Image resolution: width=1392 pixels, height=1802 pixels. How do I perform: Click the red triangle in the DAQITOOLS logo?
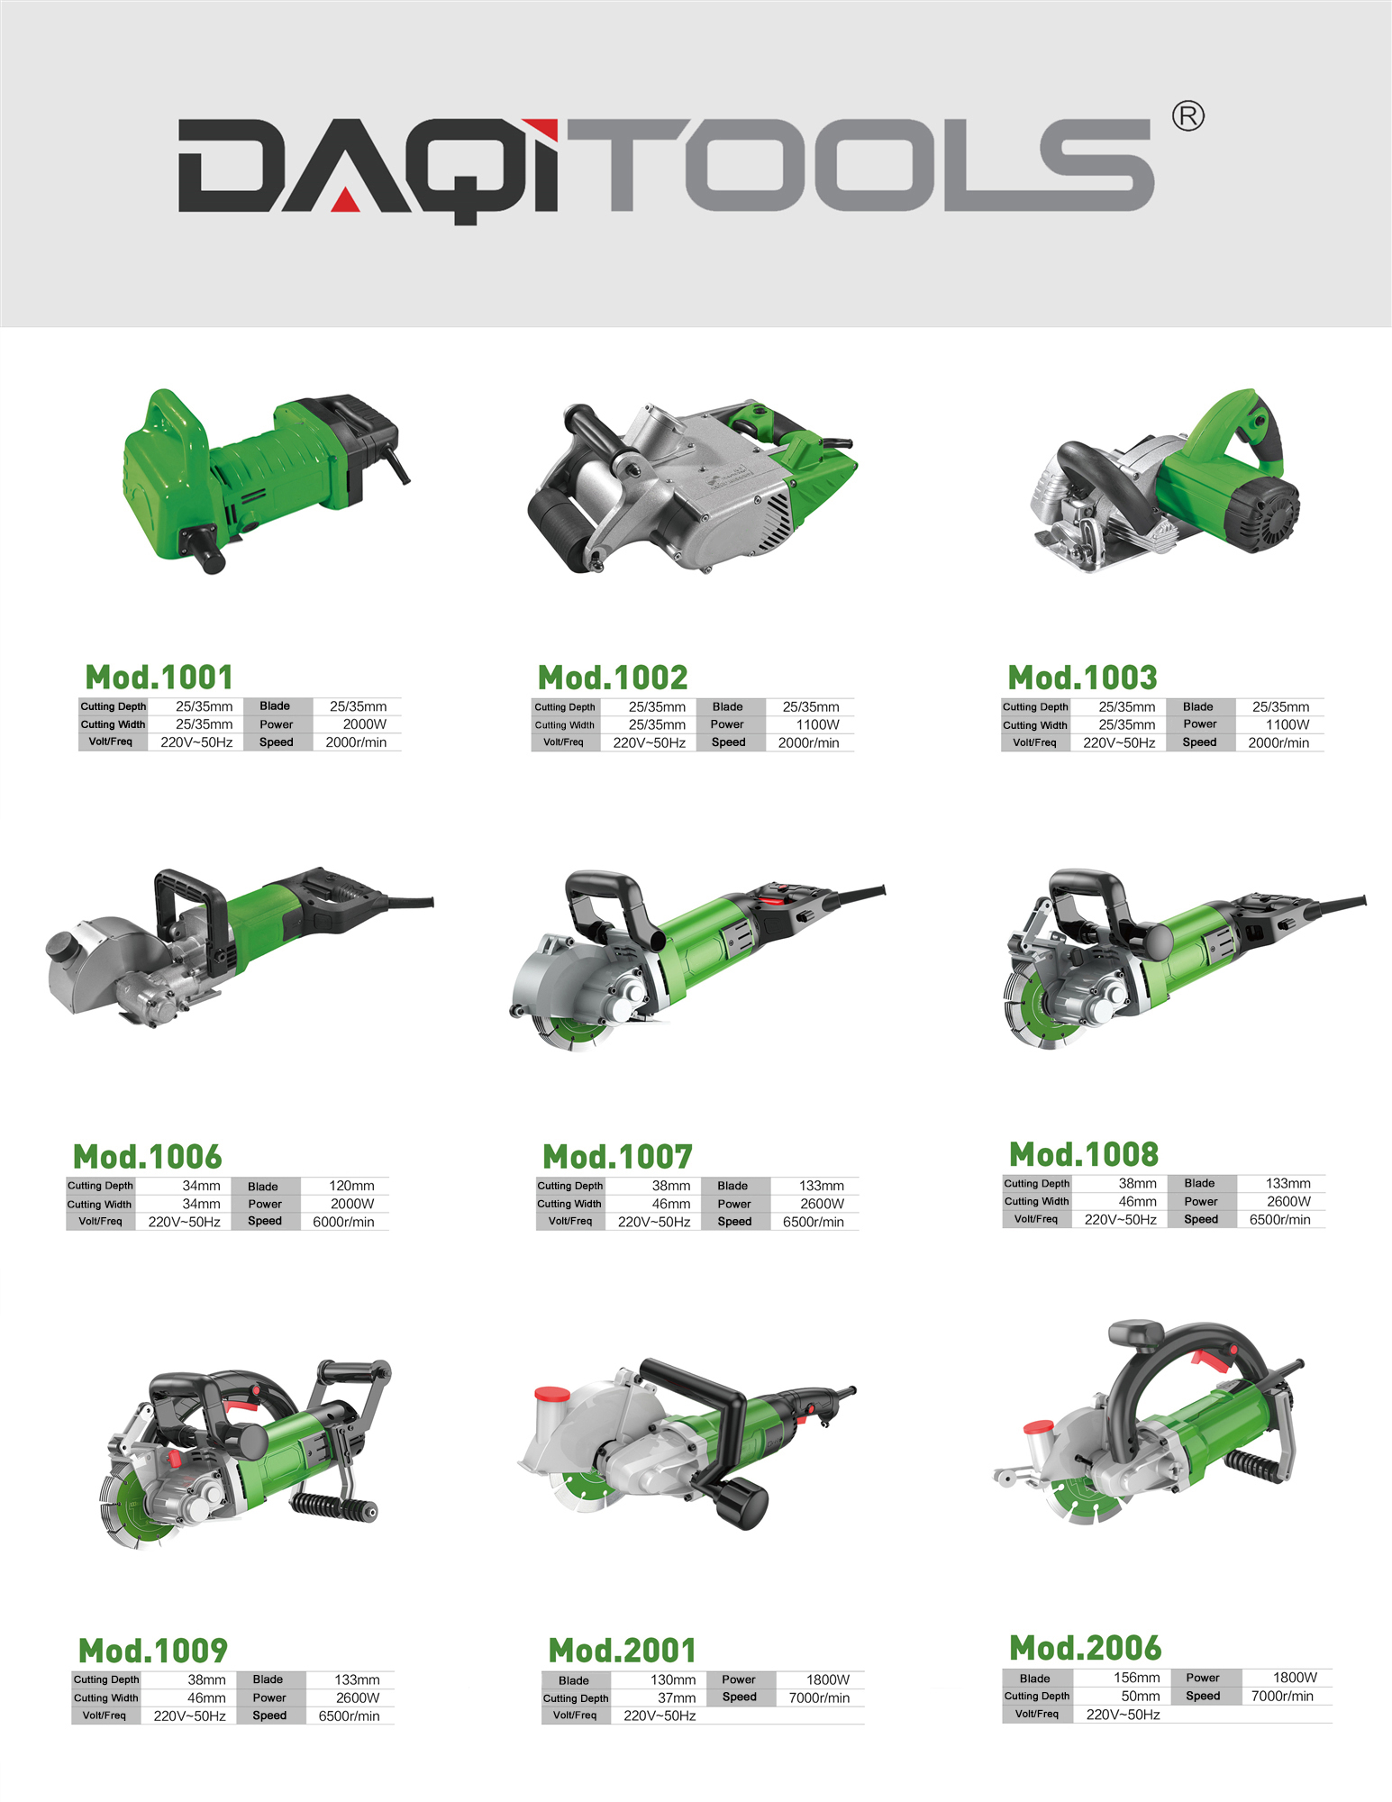(x=346, y=202)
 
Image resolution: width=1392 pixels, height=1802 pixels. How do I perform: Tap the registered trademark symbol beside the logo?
(x=1188, y=116)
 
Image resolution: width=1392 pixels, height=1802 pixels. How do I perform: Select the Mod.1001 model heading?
(x=159, y=677)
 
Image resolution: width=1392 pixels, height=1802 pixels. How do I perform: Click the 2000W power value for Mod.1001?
(x=364, y=724)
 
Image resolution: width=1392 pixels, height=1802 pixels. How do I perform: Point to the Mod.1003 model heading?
(x=1082, y=677)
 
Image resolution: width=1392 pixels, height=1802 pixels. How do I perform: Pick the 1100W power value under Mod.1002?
(x=817, y=724)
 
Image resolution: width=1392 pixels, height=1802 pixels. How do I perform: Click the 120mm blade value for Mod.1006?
(x=351, y=1186)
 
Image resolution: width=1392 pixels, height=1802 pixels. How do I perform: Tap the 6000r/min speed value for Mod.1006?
(x=343, y=1222)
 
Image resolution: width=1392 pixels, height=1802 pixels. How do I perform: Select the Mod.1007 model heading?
(x=617, y=1156)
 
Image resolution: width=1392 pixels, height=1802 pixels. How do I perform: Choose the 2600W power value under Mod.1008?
(x=1288, y=1201)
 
